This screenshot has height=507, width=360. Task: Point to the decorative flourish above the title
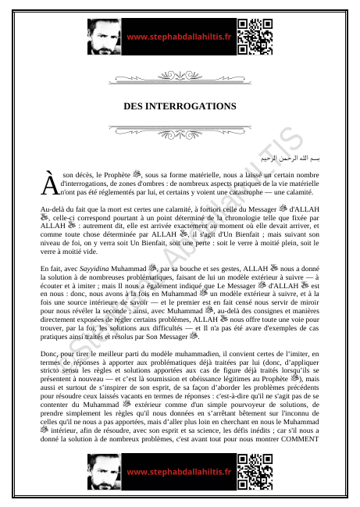pos(180,78)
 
